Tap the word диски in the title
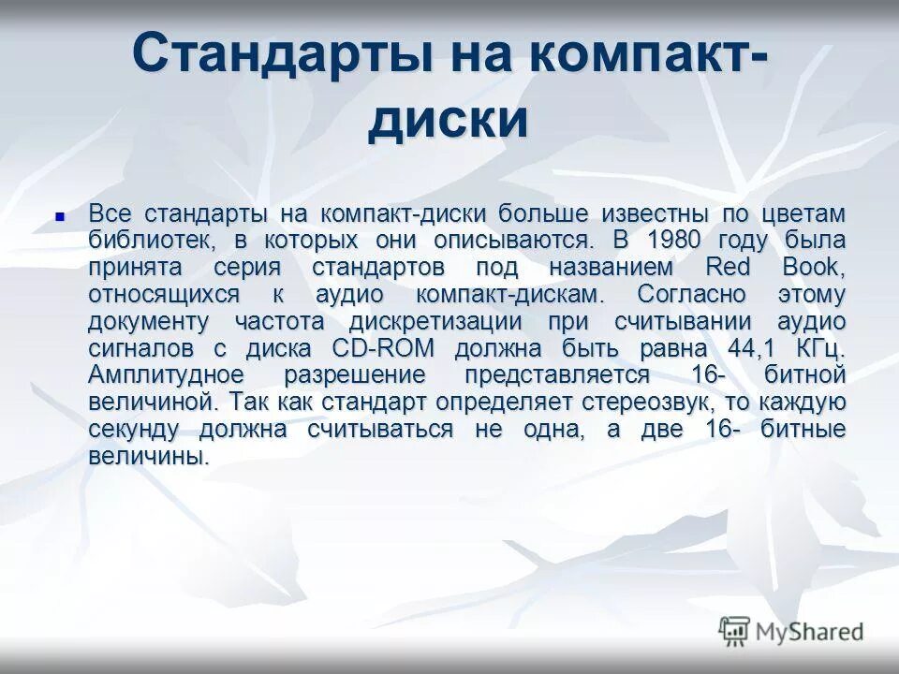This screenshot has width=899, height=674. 447,122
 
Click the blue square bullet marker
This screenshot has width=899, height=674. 61,215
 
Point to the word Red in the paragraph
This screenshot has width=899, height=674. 728,268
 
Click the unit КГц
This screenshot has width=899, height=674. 820,349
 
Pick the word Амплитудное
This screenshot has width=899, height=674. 167,376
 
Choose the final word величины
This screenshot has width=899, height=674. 146,458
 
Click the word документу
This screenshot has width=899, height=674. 148,322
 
